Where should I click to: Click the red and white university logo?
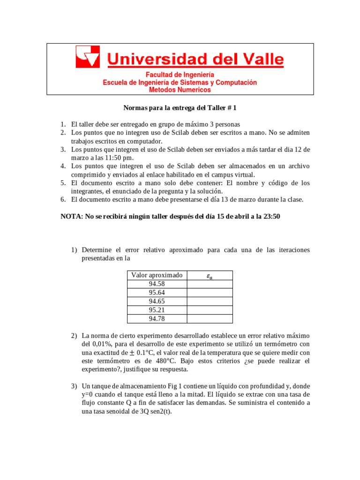point(88,57)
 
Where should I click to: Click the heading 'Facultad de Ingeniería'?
point(180,75)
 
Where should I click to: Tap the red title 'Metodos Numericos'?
point(180,90)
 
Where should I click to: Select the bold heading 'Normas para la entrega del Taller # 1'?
point(180,108)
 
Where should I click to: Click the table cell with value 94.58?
point(157,284)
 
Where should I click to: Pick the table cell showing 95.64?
point(157,292)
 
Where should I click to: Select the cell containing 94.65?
point(157,301)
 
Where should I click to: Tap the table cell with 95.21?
point(157,310)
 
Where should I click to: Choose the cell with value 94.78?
point(157,319)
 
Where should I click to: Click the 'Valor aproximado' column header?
point(157,275)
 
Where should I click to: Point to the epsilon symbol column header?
point(210,276)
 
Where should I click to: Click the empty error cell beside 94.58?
point(210,284)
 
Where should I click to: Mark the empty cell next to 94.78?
point(210,319)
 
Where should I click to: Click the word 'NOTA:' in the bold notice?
point(72,217)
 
